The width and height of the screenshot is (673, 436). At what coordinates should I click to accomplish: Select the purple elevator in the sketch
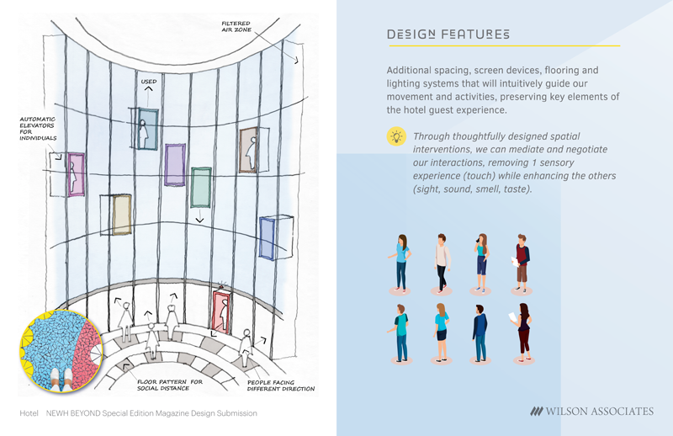click(x=175, y=164)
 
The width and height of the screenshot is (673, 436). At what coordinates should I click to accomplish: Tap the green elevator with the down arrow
click(x=200, y=187)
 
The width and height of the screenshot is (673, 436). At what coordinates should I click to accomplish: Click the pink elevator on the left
click(x=75, y=174)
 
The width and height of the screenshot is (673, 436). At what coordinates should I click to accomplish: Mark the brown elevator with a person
click(x=249, y=151)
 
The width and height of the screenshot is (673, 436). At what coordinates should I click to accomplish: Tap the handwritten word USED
click(x=148, y=82)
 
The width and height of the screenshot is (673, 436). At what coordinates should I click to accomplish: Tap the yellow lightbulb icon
click(x=395, y=137)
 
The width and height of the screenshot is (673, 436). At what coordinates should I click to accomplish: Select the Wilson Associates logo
click(x=591, y=412)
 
